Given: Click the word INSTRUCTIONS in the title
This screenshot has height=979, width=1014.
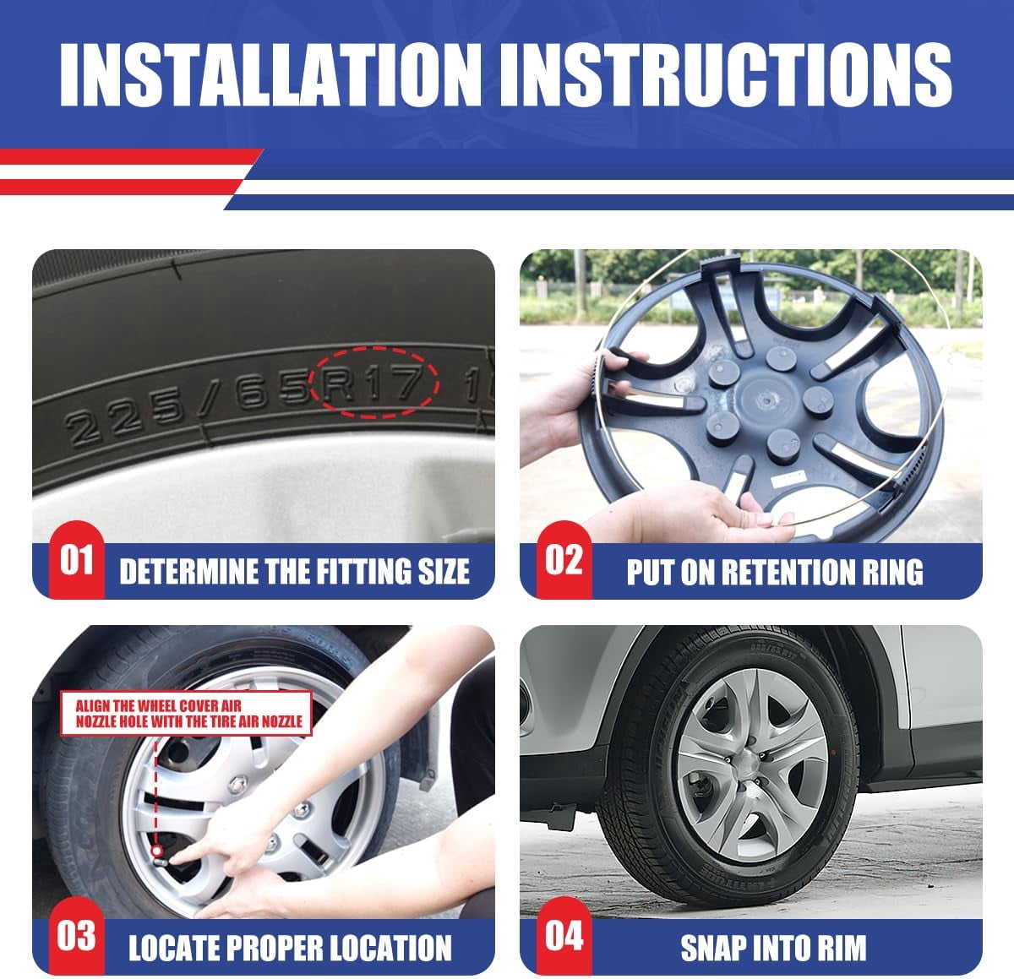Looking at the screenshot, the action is pos(728,75).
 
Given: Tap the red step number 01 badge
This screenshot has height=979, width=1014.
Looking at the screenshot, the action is pos(77,559).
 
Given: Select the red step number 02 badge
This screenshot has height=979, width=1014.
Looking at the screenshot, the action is pos(564,559).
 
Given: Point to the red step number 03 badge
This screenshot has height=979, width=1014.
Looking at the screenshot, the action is pos(77,935).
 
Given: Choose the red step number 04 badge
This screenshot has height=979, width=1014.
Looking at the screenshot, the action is pos(564,935).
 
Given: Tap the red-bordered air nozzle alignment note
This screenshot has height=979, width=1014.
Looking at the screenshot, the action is pos(186,714).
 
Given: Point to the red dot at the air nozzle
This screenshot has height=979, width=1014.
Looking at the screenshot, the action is pos(156,851).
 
